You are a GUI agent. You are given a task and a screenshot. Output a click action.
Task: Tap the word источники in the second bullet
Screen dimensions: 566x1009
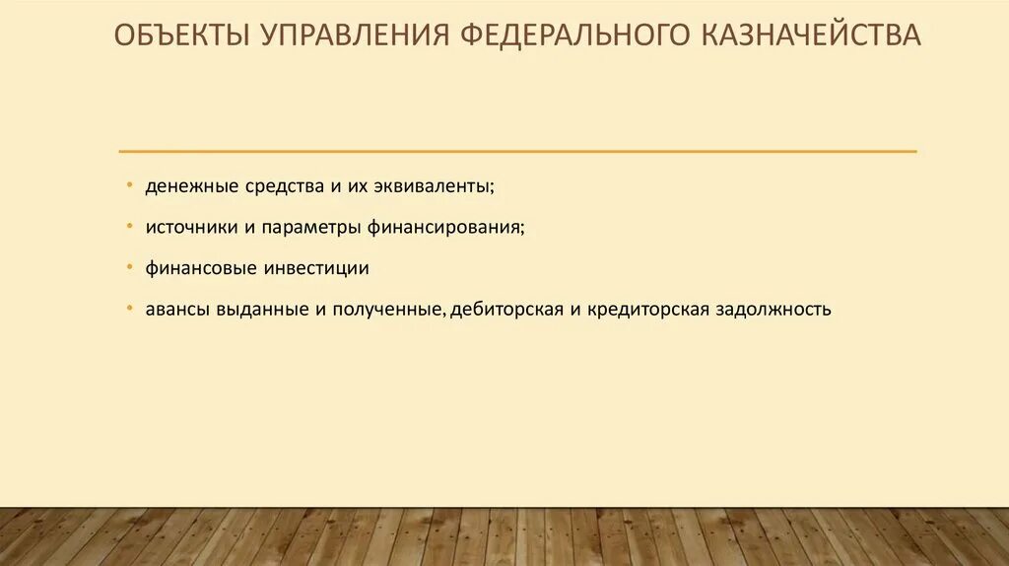(x=187, y=227)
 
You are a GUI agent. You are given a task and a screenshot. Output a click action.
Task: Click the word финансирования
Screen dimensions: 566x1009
(x=446, y=227)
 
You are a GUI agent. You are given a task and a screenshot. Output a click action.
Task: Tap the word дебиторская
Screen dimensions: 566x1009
(x=505, y=310)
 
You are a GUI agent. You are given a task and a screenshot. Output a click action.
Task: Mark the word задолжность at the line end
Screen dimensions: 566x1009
(x=774, y=310)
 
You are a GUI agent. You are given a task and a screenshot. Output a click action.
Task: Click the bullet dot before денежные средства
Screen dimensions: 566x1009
(x=131, y=184)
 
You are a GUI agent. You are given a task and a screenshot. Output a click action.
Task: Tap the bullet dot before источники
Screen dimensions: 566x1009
(x=131, y=226)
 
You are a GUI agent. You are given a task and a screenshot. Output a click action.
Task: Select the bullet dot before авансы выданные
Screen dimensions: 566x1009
(x=131, y=308)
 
